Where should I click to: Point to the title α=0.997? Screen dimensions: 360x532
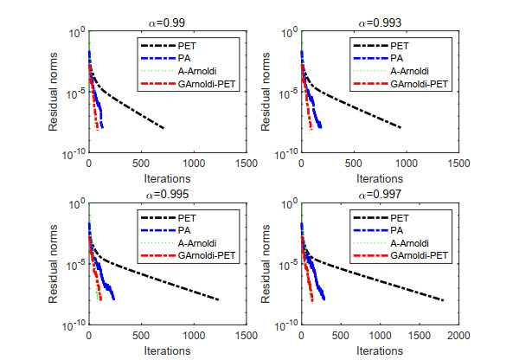(380, 193)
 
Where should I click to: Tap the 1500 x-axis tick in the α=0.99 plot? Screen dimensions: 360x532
(246, 163)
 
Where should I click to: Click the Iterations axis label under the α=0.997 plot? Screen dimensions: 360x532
(380, 351)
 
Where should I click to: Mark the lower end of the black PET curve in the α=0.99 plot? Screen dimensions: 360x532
(163, 128)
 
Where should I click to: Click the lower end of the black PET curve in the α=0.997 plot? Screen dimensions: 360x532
(442, 300)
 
